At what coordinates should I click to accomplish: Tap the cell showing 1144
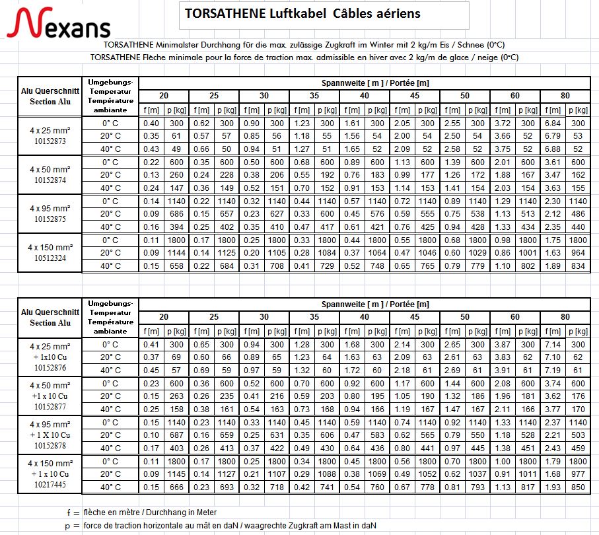[x=176, y=253]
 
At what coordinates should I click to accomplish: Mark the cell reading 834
[x=578, y=266]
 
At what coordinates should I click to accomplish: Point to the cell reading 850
[x=578, y=487]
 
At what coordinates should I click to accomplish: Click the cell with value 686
[x=176, y=214]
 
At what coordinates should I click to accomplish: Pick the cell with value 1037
[x=477, y=474]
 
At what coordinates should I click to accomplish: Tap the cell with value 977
[x=578, y=474]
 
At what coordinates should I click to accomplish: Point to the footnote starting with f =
[x=141, y=512]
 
